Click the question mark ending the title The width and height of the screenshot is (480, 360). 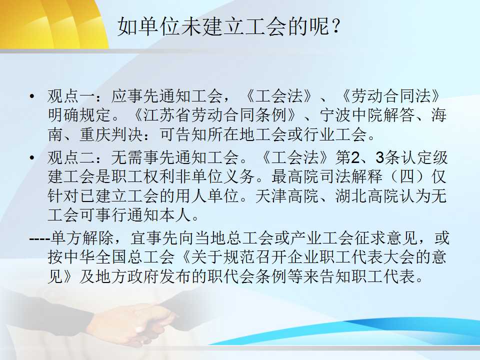point(335,26)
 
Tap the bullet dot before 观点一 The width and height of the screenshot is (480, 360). point(32,96)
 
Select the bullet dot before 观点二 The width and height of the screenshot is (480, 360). point(32,157)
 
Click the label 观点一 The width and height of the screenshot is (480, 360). point(71,96)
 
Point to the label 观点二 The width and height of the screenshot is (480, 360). point(71,157)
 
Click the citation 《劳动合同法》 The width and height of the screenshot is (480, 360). point(391,96)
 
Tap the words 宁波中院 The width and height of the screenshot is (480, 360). point(351,115)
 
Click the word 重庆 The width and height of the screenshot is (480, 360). point(95,134)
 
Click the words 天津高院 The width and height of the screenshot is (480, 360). point(287,195)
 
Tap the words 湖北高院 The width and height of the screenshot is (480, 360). point(367,195)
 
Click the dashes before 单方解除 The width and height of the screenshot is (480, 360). point(40,238)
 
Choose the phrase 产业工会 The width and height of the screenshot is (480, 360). point(321,238)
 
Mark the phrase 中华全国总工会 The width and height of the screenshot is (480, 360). point(111,257)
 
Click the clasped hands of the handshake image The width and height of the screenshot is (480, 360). point(134,321)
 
